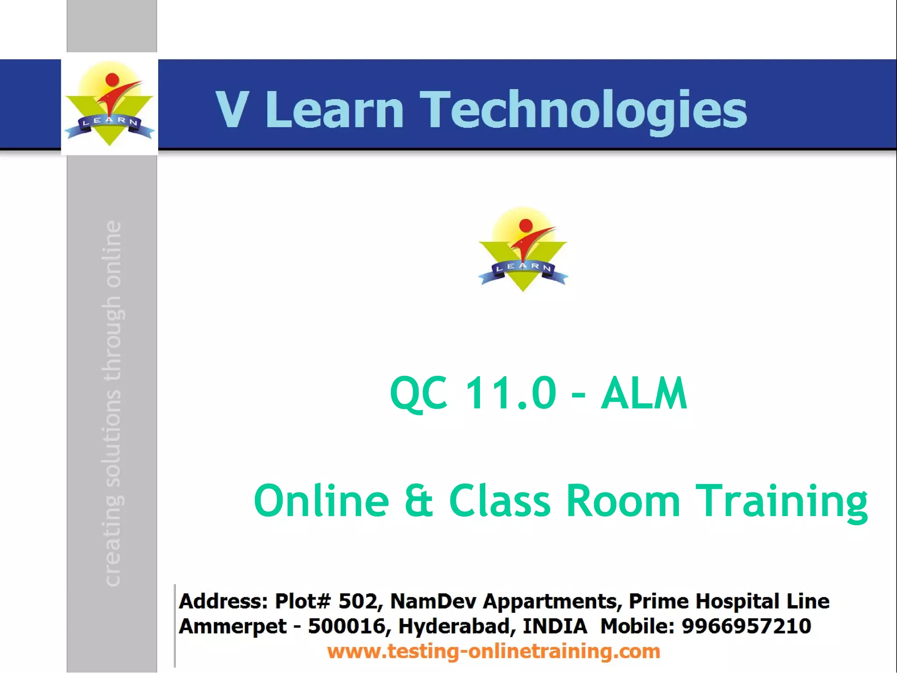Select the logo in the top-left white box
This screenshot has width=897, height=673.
109,105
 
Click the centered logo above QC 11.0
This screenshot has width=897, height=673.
523,249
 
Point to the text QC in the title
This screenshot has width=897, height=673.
419,393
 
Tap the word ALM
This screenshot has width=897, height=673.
644,393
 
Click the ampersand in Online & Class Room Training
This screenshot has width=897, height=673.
419,501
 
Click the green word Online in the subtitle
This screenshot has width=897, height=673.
321,501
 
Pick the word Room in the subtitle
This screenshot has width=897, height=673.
623,501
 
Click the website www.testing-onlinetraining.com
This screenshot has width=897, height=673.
494,652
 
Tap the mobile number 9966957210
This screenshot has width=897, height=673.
746,626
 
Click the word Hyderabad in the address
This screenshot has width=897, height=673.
454,626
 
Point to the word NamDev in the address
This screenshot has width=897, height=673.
433,601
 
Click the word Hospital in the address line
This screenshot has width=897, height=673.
737,601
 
